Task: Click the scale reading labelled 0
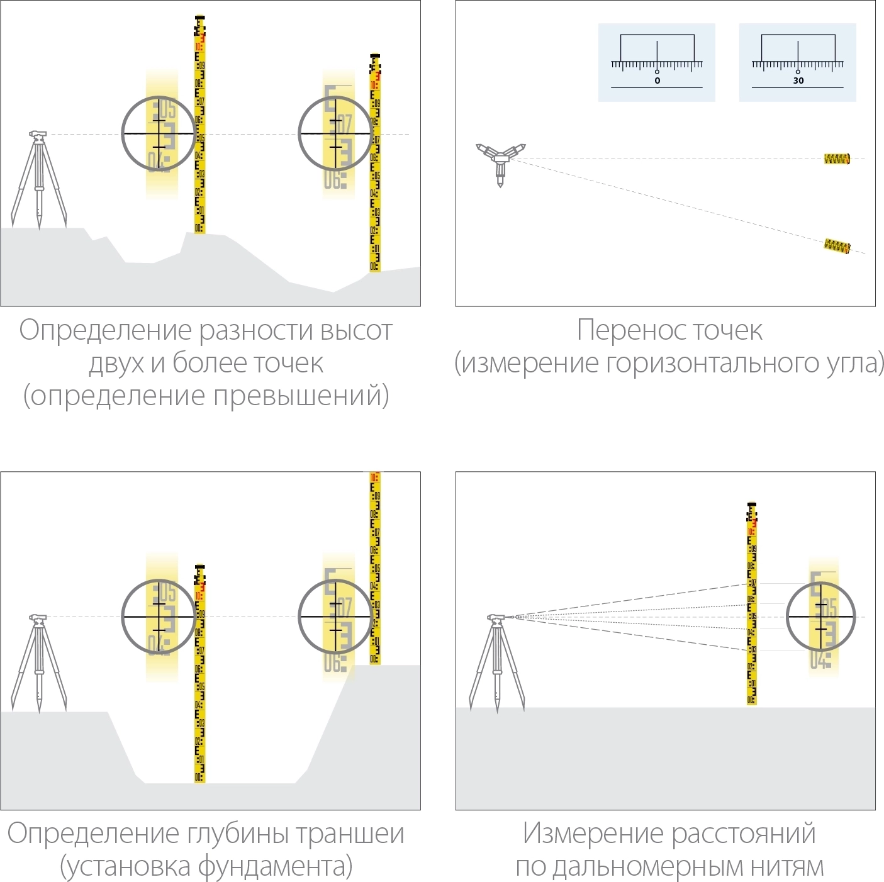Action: click(657, 81)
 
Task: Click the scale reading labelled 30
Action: click(798, 81)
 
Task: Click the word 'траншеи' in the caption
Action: click(350, 834)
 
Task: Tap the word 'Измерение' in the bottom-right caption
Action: click(593, 834)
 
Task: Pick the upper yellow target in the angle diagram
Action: click(837, 159)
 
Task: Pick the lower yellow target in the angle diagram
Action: click(837, 245)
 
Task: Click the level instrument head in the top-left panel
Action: click(38, 135)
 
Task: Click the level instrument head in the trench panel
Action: click(38, 618)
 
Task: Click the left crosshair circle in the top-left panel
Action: click(158, 133)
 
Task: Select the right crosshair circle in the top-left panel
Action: click(335, 133)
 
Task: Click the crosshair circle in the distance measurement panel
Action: click(821, 617)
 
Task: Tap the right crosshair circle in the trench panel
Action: click(335, 617)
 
